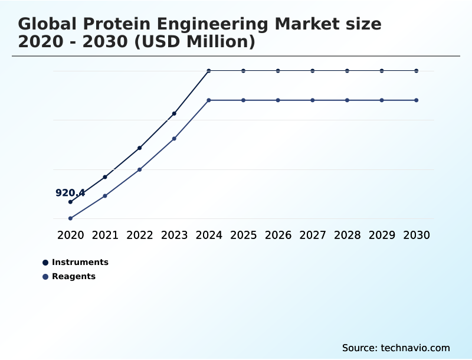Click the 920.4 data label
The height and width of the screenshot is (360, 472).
click(70, 193)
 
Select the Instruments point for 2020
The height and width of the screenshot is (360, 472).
click(70, 202)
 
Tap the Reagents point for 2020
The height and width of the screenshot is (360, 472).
click(70, 218)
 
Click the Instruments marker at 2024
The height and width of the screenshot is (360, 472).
click(209, 71)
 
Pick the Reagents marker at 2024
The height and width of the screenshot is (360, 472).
click(209, 100)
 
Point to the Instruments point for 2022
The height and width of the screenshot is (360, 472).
click(139, 148)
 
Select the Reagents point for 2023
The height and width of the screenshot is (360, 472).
click(174, 139)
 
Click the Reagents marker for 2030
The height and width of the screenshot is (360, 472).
click(417, 100)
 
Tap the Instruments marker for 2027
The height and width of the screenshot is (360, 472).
click(313, 71)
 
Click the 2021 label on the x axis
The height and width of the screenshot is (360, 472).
click(105, 235)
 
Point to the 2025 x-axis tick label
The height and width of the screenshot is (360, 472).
click(243, 235)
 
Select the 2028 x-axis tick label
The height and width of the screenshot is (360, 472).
click(347, 235)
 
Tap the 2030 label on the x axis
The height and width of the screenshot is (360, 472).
click(417, 235)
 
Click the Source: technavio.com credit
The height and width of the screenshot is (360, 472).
click(396, 348)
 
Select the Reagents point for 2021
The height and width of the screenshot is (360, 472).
click(105, 196)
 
